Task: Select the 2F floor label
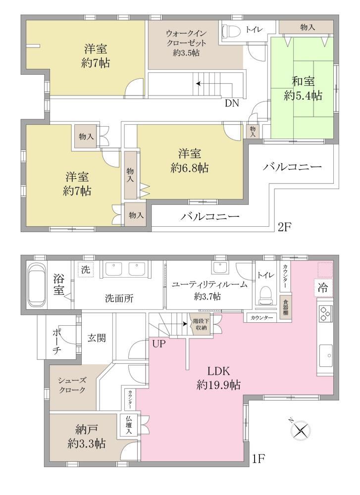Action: [x=284, y=227]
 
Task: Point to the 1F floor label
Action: [x=258, y=458]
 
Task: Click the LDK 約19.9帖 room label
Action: [x=218, y=378]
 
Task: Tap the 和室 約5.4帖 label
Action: [x=303, y=89]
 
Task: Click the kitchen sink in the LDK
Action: [x=326, y=355]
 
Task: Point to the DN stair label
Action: [x=232, y=103]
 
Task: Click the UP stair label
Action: [x=159, y=344]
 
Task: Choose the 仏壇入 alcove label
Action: [x=129, y=425]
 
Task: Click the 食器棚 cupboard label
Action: [x=285, y=306]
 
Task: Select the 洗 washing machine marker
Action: [x=86, y=269]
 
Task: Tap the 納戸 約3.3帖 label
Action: [x=87, y=437]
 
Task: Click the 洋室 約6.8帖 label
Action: [x=190, y=161]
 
